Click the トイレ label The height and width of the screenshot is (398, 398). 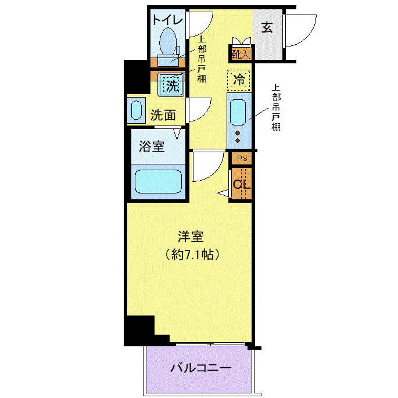167,20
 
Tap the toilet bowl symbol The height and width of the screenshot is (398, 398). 168,42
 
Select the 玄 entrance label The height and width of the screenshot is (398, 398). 267,27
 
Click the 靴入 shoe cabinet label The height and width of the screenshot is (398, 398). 241,54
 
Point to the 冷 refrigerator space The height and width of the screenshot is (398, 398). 239,80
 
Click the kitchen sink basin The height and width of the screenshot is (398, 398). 238,113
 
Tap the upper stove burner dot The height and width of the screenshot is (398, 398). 238,132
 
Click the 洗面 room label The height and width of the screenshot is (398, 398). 163,116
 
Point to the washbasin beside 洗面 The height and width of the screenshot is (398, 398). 137,110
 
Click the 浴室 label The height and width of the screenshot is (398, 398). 152,146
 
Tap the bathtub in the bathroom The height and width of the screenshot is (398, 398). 159,182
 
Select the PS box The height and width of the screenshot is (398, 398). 242,159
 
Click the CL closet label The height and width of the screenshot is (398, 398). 242,184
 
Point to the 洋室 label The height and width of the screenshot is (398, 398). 191,236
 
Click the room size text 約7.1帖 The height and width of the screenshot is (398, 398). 192,254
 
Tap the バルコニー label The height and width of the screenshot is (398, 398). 201,368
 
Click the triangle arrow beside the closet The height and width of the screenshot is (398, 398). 223,193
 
